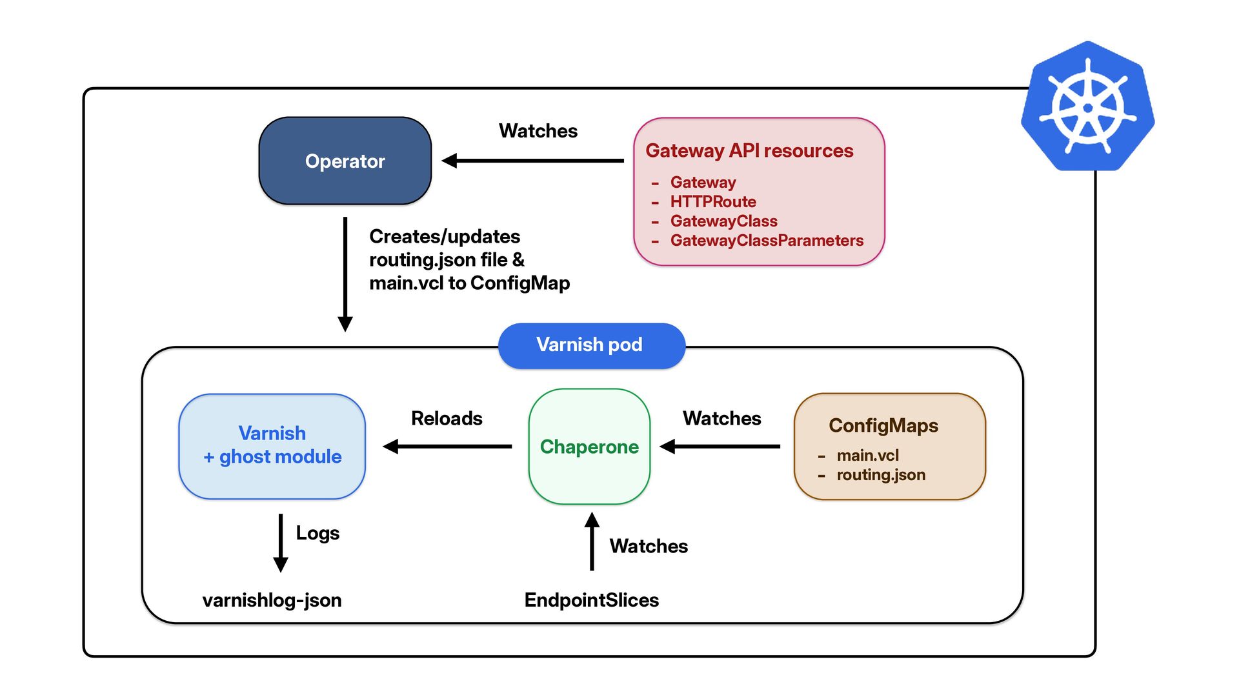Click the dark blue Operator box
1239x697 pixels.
345,161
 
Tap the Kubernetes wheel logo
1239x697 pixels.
1088,106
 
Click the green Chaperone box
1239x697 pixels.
589,447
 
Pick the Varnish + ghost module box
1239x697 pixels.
272,447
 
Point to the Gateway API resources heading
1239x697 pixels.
749,150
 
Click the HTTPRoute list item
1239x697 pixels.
713,202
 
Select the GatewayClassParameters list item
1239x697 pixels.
767,241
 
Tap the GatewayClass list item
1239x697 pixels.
723,221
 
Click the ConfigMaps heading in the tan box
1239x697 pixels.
883,425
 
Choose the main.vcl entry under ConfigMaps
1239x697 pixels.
867,456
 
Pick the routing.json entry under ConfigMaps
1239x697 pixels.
881,475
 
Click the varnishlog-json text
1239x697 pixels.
272,600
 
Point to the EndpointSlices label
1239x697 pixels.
592,600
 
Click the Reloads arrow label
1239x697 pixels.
447,418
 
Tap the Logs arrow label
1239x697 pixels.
317,533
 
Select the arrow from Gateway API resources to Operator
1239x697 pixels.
533,161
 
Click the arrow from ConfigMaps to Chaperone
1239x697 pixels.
720,446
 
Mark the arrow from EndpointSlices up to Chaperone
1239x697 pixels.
592,541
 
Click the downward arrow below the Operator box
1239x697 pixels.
345,274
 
